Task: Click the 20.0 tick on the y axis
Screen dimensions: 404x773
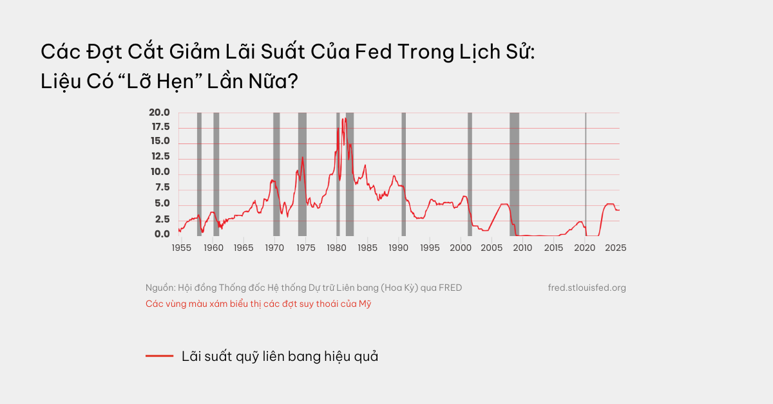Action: [x=159, y=113]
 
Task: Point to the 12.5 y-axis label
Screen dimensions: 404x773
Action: [x=159, y=157]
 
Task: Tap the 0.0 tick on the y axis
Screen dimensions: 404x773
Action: [x=161, y=234]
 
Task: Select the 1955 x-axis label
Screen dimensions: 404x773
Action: [x=181, y=248]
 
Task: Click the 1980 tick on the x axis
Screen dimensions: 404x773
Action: [x=337, y=248]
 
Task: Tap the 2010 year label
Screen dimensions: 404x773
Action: [x=523, y=248]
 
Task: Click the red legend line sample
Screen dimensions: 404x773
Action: [x=159, y=356]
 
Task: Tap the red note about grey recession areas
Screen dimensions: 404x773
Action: [x=258, y=304]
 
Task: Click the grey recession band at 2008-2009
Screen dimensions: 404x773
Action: [x=514, y=174]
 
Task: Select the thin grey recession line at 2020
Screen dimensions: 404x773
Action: [x=586, y=174]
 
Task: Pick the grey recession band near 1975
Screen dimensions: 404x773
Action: [x=302, y=174]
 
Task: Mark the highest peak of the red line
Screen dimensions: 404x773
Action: [x=345, y=118]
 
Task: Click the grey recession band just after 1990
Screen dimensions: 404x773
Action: [x=403, y=174]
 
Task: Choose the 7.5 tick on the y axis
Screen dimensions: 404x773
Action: [x=161, y=188]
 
